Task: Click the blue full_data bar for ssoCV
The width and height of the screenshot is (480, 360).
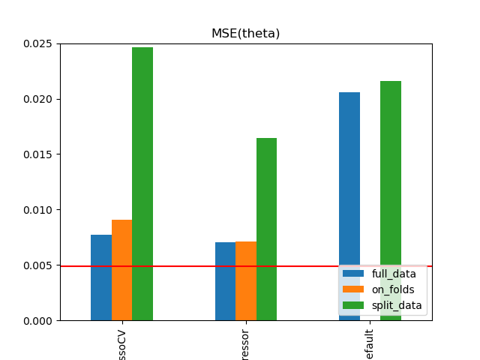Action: coord(101,277)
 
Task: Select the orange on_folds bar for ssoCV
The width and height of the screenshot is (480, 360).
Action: coord(121,270)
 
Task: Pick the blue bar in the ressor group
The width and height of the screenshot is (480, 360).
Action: coord(225,281)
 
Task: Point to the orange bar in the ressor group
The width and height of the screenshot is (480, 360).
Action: coord(246,281)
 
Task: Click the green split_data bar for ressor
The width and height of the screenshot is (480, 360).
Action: coord(266,229)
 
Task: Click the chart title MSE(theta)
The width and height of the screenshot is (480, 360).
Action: coord(245,33)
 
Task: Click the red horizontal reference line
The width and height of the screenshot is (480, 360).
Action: coord(187,266)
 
